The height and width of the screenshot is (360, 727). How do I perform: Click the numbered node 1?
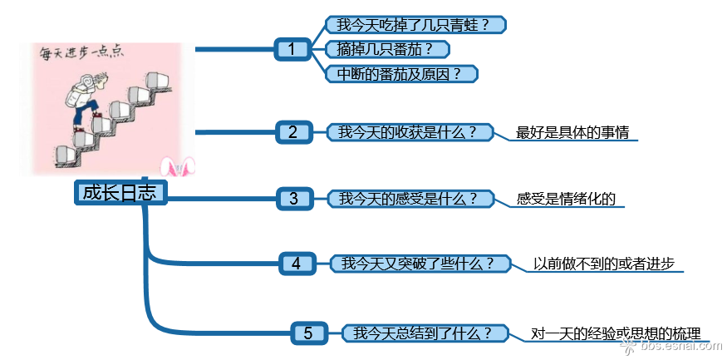coord(292,49)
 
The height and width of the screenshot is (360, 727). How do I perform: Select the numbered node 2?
coord(293,131)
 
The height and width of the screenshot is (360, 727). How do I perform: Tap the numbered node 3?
coord(293,198)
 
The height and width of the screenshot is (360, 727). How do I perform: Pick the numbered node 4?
coord(297,264)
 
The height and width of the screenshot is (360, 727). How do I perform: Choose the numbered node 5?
coord(308,333)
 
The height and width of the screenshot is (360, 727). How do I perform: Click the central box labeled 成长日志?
coord(120,193)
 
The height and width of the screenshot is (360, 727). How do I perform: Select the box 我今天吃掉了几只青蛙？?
coord(415,24)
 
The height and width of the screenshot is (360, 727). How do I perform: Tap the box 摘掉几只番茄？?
coord(387,49)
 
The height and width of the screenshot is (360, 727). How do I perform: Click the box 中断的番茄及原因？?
coord(404,73)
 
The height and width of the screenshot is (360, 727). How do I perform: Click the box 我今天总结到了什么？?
coord(429,333)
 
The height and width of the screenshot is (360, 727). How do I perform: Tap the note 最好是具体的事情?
coord(572,132)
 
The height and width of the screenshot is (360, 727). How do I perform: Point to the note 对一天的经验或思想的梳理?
coord(616,333)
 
